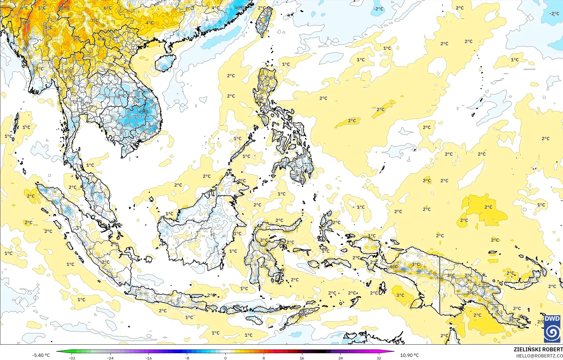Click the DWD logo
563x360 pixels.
click(x=552, y=329)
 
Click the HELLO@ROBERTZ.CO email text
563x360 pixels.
click(x=539, y=356)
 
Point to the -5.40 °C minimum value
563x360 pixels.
click(x=41, y=355)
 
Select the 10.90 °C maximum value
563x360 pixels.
click(x=409, y=355)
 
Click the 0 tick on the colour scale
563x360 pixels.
click(x=225, y=358)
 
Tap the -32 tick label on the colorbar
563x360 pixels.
click(x=72, y=358)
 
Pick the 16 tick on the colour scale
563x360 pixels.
click(x=302, y=358)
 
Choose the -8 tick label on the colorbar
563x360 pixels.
click(x=187, y=358)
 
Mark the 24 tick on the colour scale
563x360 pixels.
click(x=340, y=358)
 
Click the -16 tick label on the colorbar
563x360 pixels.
click(x=149, y=358)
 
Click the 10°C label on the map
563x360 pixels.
click(x=64, y=8)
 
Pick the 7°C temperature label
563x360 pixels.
click(x=95, y=20)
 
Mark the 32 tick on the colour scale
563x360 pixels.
click(x=379, y=358)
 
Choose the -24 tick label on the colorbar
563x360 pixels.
click(x=110, y=358)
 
